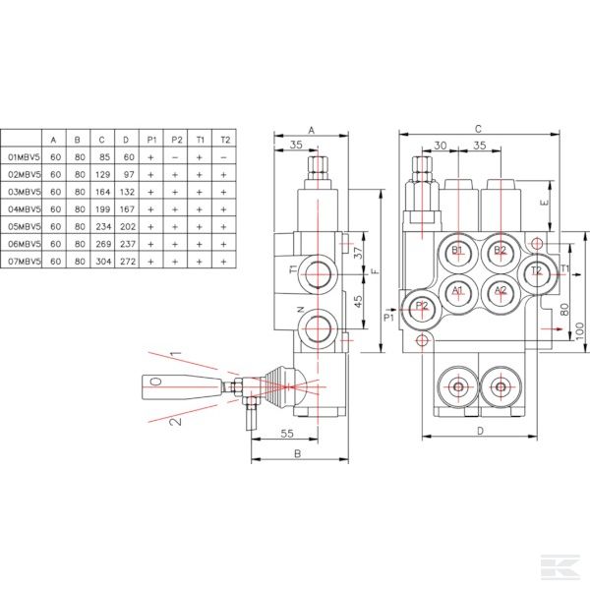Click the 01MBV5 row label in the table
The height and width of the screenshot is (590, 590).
pos(24,157)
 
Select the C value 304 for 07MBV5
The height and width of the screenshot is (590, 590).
pos(102,262)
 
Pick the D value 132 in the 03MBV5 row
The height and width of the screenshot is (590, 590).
pos(127,192)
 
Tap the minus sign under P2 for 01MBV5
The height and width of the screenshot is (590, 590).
pos(175,157)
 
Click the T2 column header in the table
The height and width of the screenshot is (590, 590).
pos(225,140)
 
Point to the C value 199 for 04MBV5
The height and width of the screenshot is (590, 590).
pos(102,209)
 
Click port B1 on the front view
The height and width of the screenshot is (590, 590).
pos(458,252)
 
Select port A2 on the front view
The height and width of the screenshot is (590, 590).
pos(501,292)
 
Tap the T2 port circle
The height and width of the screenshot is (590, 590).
pos(537,272)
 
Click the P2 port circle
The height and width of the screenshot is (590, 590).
pos(422,309)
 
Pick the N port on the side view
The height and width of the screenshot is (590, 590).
pos(318,328)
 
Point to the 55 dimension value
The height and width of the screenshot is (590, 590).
pos(287,434)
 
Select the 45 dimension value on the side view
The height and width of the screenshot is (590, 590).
pos(358,302)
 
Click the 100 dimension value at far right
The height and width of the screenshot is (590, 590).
pos(580,331)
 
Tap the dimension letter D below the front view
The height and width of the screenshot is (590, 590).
pos(480,431)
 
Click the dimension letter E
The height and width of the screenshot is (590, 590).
pos(544,204)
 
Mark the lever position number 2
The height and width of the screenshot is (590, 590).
pos(175,422)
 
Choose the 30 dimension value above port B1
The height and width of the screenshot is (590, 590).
pos(441,146)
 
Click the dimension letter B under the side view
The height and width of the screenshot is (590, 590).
pos(297,453)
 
